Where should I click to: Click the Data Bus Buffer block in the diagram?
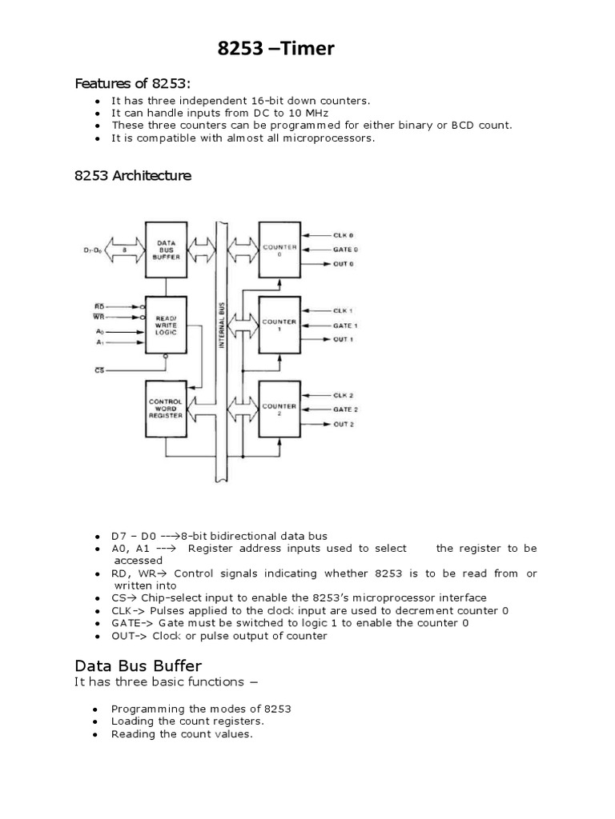(x=166, y=250)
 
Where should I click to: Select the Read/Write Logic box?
(x=166, y=324)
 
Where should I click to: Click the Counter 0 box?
(x=279, y=250)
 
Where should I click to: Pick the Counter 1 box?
(x=279, y=324)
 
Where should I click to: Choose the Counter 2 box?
(x=279, y=408)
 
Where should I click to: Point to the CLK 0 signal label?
(x=344, y=235)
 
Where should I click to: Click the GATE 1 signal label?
(x=345, y=326)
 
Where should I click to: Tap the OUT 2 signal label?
(x=344, y=424)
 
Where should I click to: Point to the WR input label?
(x=99, y=318)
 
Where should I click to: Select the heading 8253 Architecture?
(x=133, y=176)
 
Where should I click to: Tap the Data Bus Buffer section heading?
(x=138, y=665)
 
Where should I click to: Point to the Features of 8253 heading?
(x=133, y=83)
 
